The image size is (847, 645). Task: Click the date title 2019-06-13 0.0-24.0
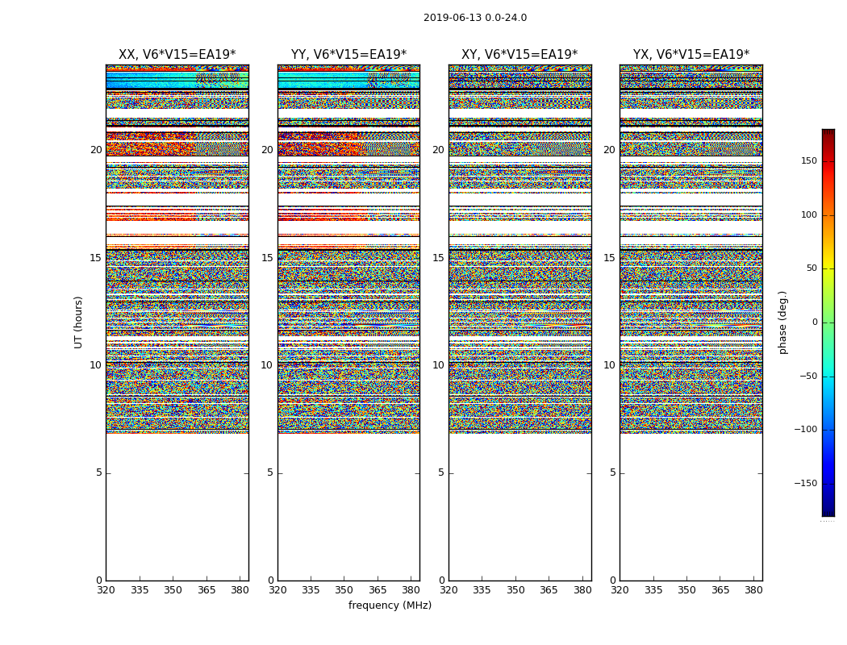click(475, 18)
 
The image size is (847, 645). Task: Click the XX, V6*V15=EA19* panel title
click(177, 55)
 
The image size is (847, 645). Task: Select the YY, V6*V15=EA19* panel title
click(348, 55)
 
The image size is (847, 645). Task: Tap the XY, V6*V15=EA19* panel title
click(519, 55)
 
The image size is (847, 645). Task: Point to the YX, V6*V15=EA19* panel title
click(691, 55)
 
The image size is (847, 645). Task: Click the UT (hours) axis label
click(79, 322)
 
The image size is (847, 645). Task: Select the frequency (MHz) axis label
click(390, 605)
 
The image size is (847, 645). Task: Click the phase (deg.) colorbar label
click(783, 322)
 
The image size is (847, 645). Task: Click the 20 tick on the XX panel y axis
click(96, 150)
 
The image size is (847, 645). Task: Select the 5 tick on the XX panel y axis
click(99, 472)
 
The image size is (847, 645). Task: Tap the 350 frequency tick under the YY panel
click(344, 590)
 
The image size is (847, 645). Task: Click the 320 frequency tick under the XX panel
click(106, 590)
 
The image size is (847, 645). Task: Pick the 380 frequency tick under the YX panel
click(753, 590)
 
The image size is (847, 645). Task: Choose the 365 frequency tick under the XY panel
click(549, 590)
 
